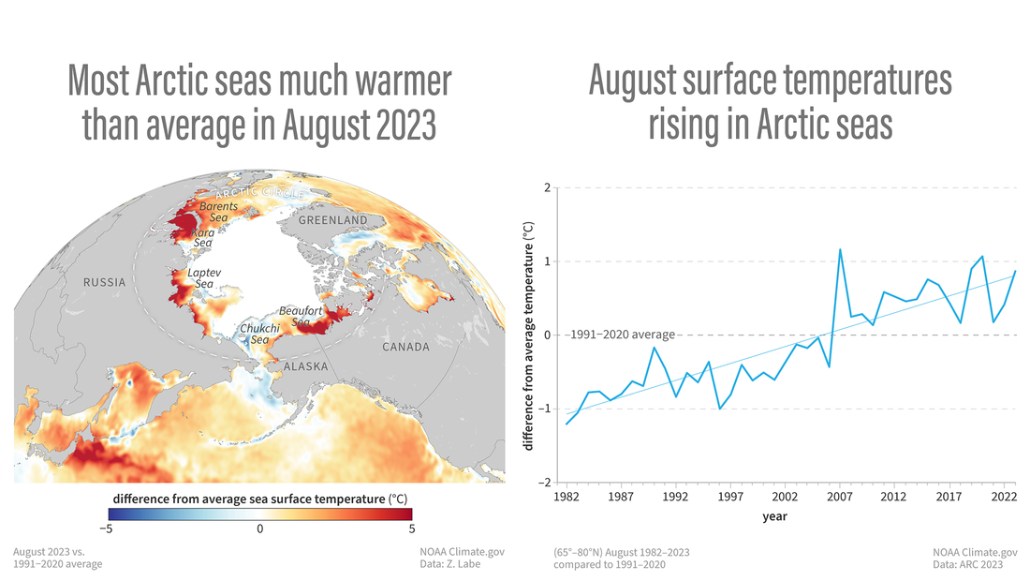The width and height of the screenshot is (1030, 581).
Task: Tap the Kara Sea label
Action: coord(202,238)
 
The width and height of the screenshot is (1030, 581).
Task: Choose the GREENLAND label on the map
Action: coord(333,220)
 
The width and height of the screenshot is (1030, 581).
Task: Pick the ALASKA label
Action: coord(306,366)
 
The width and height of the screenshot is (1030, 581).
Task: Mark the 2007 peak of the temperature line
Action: coord(840,249)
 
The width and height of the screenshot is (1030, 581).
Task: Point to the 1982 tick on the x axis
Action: coord(565,494)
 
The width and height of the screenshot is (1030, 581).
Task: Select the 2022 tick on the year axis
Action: coord(1003,494)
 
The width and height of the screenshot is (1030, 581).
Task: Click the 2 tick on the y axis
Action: coord(546,187)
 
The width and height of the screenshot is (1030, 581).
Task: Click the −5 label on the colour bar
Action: coord(111,529)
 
